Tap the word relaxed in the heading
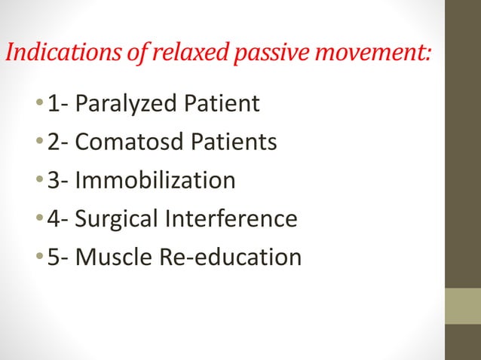tap(190, 53)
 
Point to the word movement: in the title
tap(378, 53)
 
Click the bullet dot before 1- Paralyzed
tap(38, 104)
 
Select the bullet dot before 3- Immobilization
tap(38, 182)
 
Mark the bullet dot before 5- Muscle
tap(38, 258)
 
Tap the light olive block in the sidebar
tap(463, 306)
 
